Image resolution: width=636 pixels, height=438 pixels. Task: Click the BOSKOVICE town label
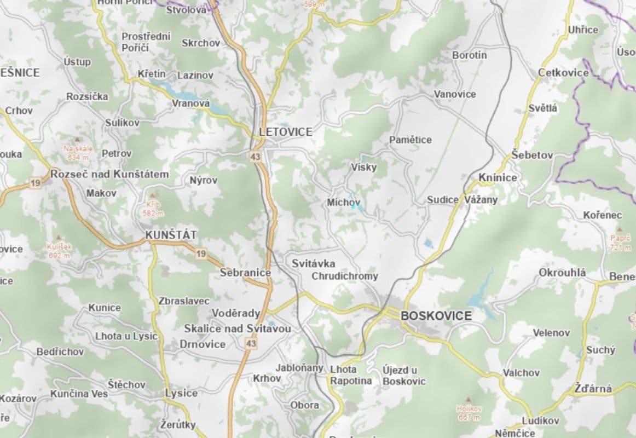pyautogui.click(x=436, y=316)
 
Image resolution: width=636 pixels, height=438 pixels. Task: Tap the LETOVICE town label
pyautogui.click(x=286, y=132)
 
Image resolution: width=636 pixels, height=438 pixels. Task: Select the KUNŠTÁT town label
pyautogui.click(x=171, y=235)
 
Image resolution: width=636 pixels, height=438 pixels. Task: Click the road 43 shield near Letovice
pyautogui.click(x=256, y=157)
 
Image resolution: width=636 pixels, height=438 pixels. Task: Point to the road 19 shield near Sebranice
pyautogui.click(x=201, y=253)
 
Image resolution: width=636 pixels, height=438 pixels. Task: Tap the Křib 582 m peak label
pyautogui.click(x=153, y=208)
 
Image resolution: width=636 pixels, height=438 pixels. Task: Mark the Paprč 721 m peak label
pyautogui.click(x=620, y=243)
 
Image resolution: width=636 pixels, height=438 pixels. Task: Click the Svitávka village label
pyautogui.click(x=314, y=263)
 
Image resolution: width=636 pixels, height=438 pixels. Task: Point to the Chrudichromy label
pyautogui.click(x=344, y=276)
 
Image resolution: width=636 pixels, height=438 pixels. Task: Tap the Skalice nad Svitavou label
pyautogui.click(x=238, y=328)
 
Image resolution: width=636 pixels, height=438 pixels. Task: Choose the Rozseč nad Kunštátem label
pyautogui.click(x=109, y=174)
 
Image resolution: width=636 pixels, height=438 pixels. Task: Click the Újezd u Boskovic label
pyautogui.click(x=404, y=375)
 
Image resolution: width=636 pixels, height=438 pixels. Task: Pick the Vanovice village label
pyautogui.click(x=455, y=94)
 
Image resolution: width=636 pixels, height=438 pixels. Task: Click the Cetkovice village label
pyautogui.click(x=563, y=72)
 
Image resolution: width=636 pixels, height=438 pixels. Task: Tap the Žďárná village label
pyautogui.click(x=593, y=389)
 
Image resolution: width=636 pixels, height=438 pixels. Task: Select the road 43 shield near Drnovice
pyautogui.click(x=251, y=344)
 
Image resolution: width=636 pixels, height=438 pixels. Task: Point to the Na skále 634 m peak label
pyautogui.click(x=78, y=153)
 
